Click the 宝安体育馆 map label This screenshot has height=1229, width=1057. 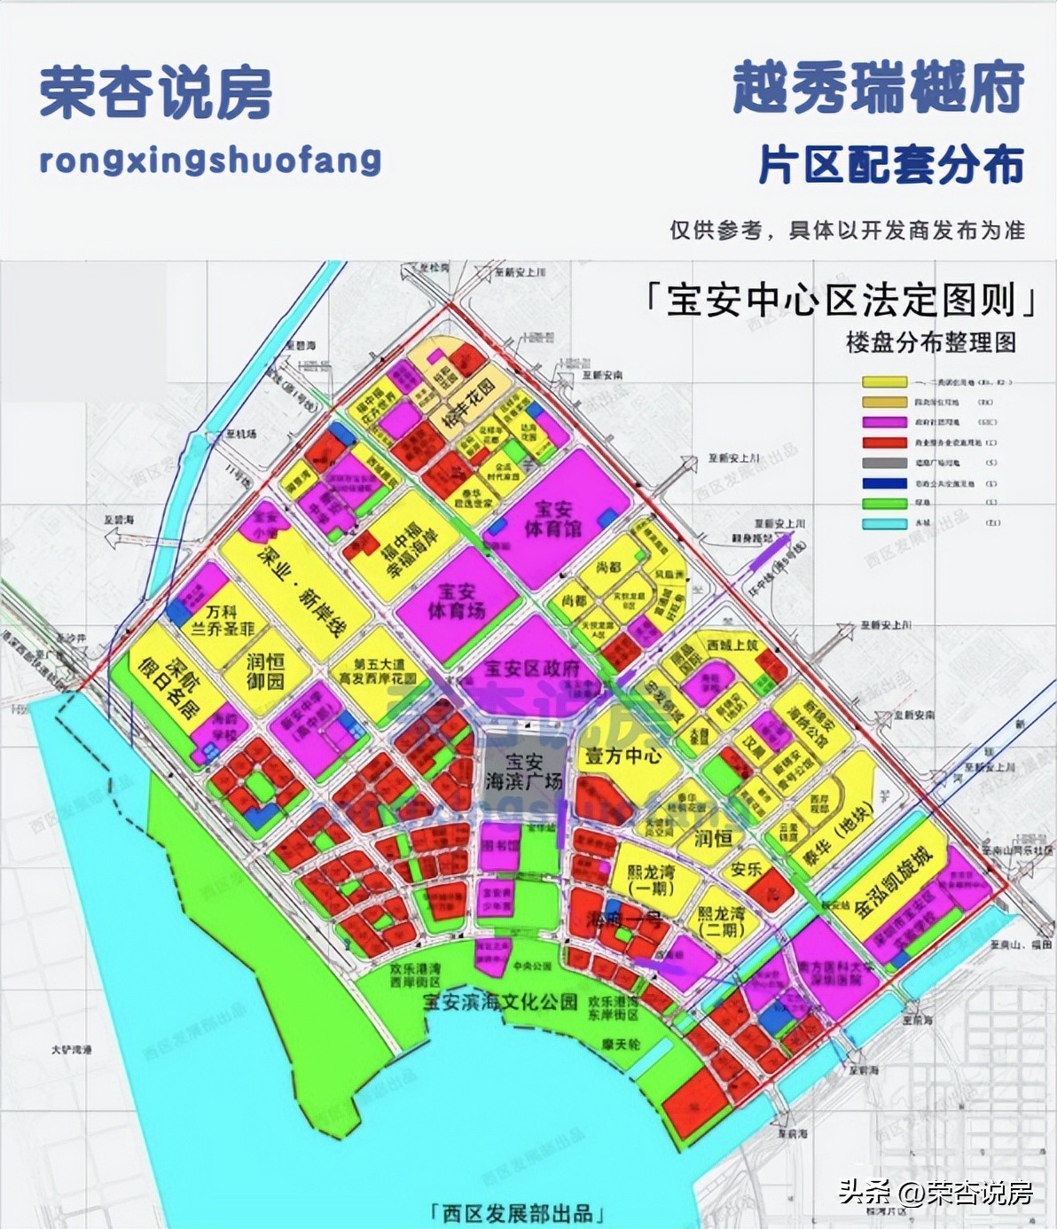552,519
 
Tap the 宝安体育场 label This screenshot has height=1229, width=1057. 457,600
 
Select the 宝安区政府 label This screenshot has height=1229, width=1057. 532,668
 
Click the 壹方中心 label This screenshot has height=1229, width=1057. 622,756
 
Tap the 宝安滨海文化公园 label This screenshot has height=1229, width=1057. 500,1002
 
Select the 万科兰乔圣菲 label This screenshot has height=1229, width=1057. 223,620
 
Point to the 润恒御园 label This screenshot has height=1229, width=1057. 266,671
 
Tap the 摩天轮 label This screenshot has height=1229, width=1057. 620,1045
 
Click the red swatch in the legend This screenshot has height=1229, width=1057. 884,442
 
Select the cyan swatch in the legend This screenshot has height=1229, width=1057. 884,523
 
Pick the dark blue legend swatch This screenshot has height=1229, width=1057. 884,483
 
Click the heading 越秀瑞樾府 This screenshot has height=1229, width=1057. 878,89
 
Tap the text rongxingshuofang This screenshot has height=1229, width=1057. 210,160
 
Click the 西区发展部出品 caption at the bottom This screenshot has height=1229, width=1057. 517,1213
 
